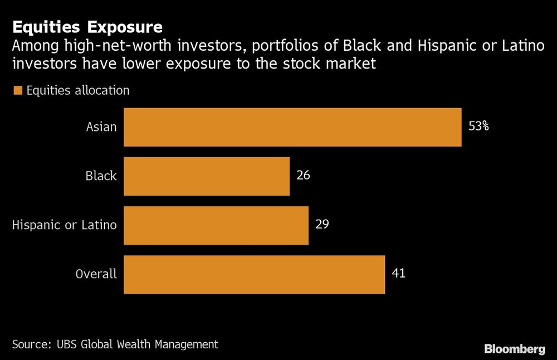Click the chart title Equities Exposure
click(87, 27)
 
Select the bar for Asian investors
click(292, 127)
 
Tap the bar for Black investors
click(207, 176)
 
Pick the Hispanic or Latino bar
click(216, 225)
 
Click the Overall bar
click(254, 274)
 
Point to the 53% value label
click(478, 127)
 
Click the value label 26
click(303, 176)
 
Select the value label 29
click(322, 225)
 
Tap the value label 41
click(398, 274)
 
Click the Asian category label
click(101, 127)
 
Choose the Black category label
click(101, 176)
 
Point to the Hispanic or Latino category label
click(65, 225)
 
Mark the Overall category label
click(96, 274)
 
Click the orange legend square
click(17, 90)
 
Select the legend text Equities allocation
click(78, 90)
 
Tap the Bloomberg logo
click(515, 349)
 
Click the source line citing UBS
click(115, 344)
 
